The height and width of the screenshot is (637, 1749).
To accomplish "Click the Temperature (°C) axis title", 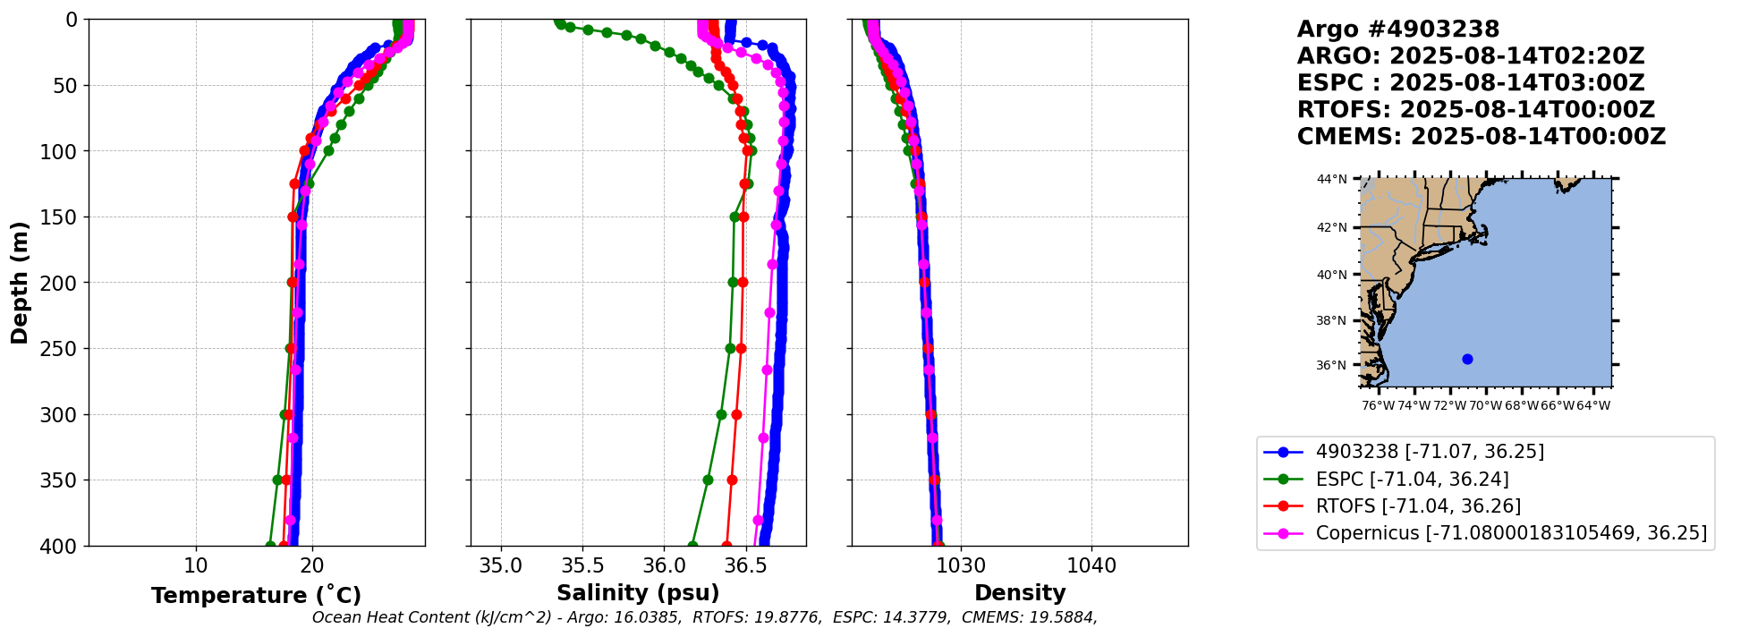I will pos(256,596).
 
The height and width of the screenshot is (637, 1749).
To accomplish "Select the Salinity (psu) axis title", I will pos(638,593).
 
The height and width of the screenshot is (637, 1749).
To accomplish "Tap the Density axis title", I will pos(1020,593).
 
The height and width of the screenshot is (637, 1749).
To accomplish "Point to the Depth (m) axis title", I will pos(20,282).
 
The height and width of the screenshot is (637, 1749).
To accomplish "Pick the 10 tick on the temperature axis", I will pos(196,565).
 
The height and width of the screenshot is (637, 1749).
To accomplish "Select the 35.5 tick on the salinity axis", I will pos(582,565).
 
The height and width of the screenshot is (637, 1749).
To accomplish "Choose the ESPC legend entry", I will pos(1412,479).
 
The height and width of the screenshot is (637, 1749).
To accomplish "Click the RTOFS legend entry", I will pos(1418,505).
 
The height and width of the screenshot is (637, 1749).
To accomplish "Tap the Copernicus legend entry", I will pos(1511,533).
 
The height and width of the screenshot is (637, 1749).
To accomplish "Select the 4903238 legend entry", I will pos(1430,452).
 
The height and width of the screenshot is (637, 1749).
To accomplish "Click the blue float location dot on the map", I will pos(1467,359).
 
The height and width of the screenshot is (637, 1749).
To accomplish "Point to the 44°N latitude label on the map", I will pos(1331,180).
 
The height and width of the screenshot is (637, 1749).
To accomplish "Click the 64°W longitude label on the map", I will pos(1593,405).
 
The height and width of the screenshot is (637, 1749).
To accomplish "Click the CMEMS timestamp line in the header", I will pos(1481,137).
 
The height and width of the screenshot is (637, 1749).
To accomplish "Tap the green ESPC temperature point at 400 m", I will pos(270,546).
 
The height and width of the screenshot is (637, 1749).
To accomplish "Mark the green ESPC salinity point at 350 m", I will pos(708,480).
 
